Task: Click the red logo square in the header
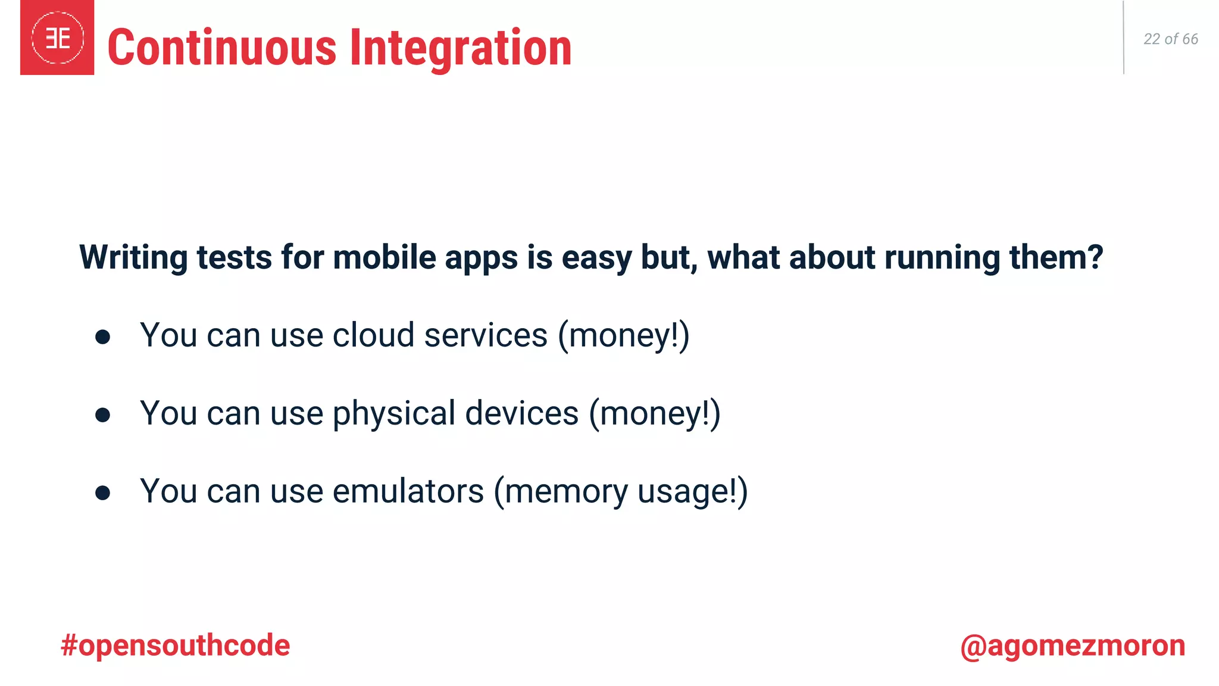[x=57, y=38]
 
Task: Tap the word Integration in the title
[x=460, y=49]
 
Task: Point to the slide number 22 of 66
[x=1170, y=39]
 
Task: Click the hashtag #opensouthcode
[x=175, y=646]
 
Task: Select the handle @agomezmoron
[x=1073, y=646]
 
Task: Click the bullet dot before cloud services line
[x=102, y=337]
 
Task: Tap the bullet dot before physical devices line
[x=102, y=415]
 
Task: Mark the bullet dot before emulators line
[x=102, y=493]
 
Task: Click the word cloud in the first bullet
[x=373, y=335]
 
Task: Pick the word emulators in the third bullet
[x=408, y=492]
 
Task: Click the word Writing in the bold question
[x=133, y=258]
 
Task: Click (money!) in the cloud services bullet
[x=623, y=336]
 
